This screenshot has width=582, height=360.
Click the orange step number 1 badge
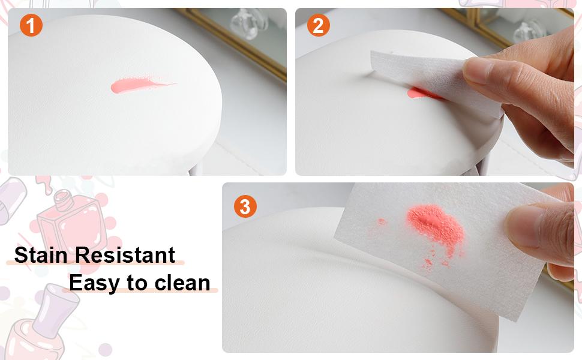(x=31, y=25)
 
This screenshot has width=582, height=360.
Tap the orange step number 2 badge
(x=319, y=25)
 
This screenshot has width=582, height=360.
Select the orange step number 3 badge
(x=245, y=206)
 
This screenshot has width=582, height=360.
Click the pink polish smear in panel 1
(x=137, y=86)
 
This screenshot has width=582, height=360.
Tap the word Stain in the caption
(x=41, y=255)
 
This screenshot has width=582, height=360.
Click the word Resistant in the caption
(x=125, y=255)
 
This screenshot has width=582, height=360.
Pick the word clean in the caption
(x=182, y=283)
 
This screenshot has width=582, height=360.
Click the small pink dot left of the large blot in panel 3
(x=381, y=221)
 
